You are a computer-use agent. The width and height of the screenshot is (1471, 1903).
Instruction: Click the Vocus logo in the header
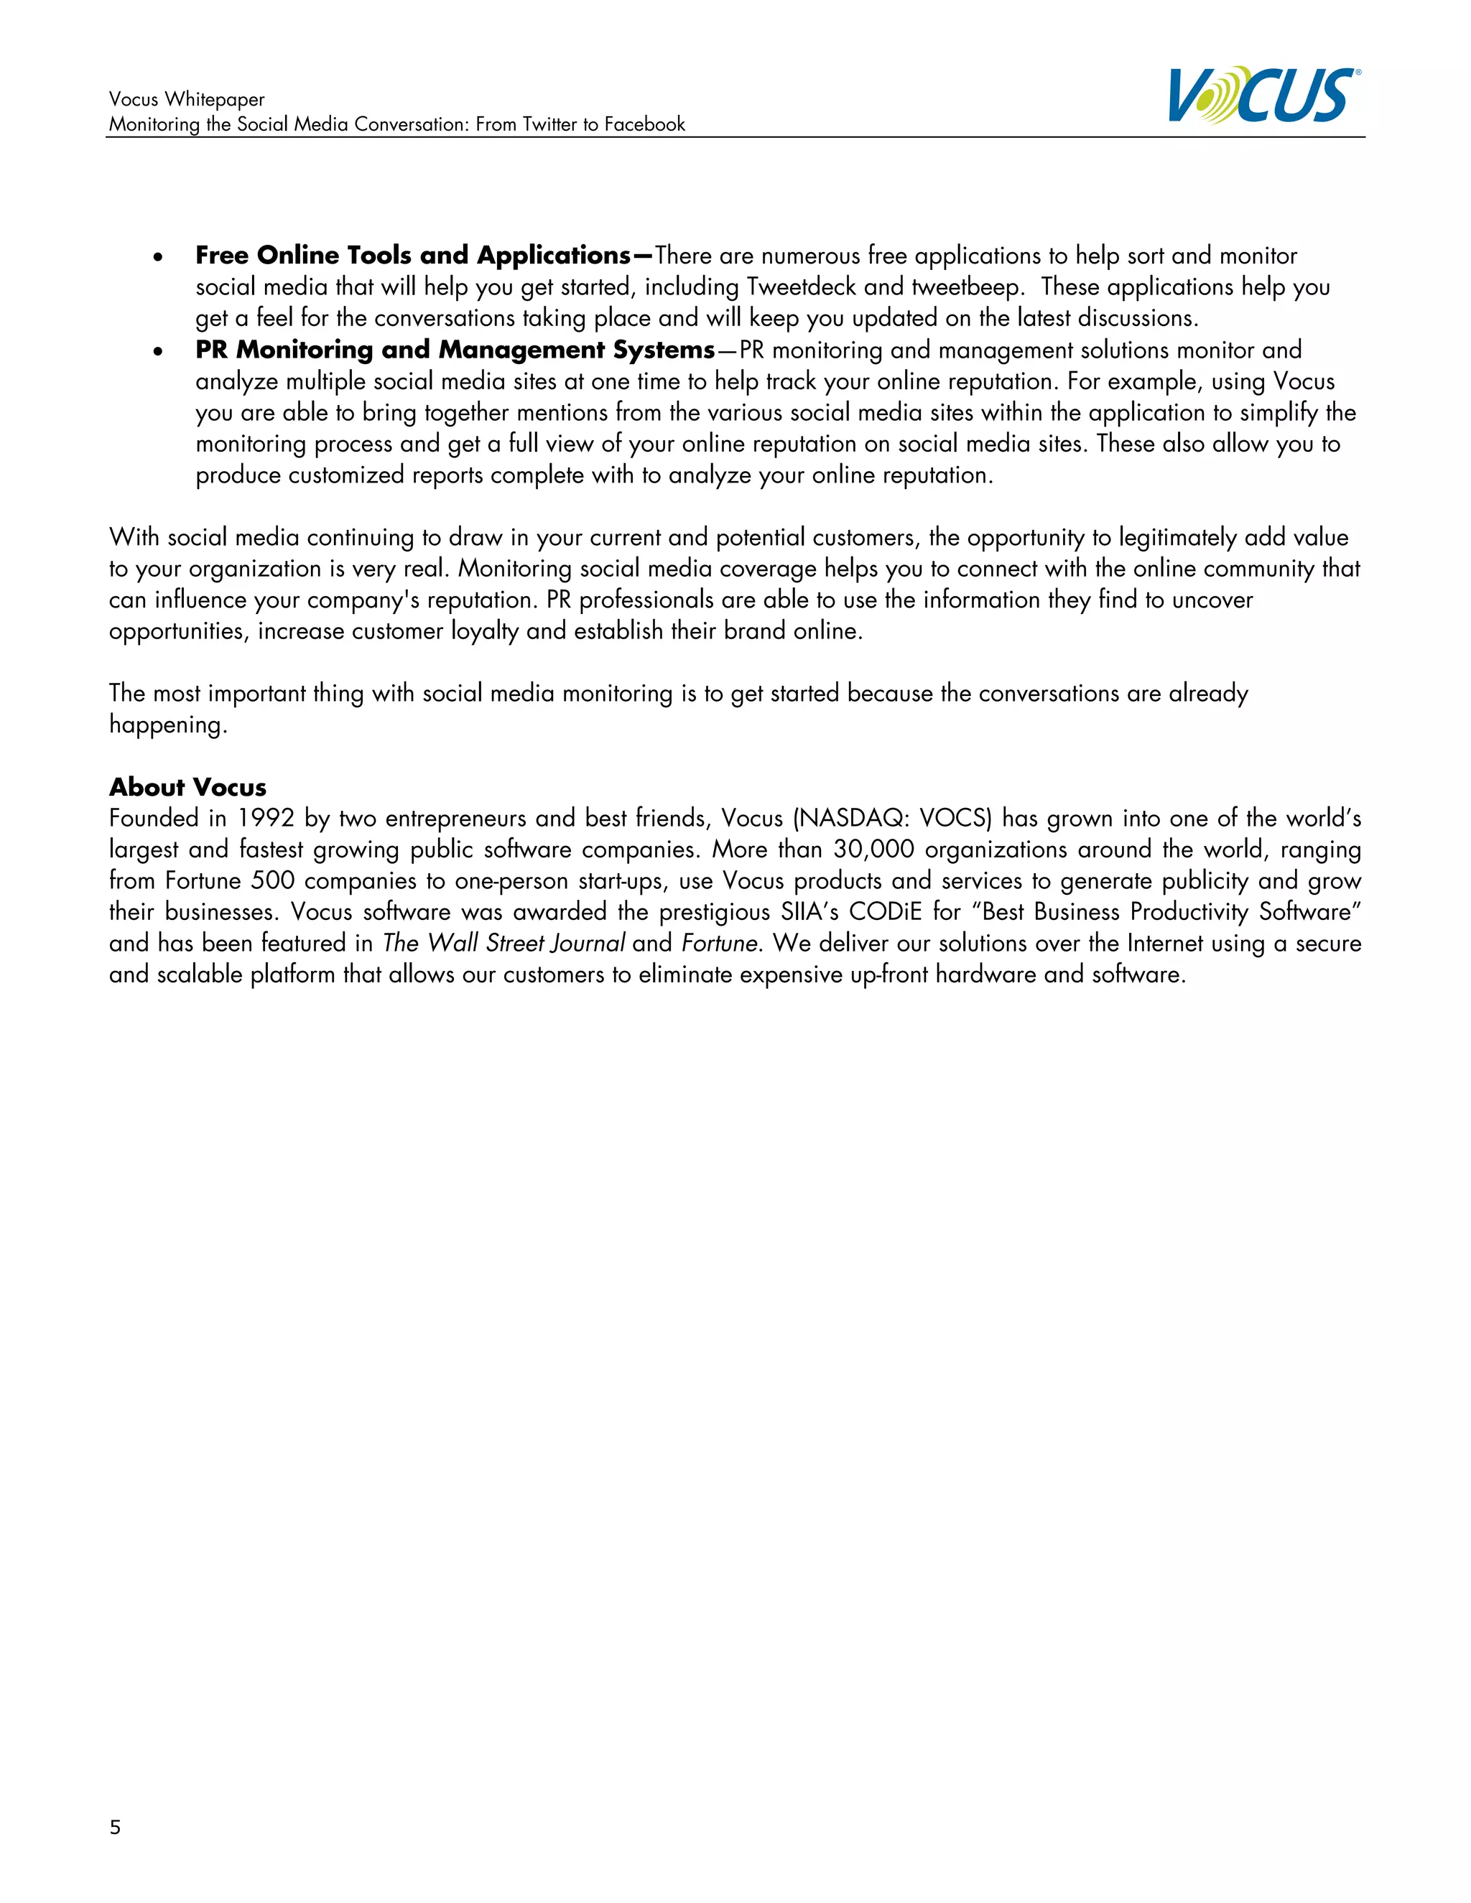point(1263,95)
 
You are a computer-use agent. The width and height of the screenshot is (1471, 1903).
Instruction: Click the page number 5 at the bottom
point(115,1827)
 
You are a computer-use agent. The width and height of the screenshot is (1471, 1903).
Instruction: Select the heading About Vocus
point(187,787)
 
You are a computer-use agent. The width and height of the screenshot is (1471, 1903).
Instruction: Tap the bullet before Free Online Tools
point(158,258)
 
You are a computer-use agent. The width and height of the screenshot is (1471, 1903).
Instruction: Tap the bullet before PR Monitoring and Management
point(158,352)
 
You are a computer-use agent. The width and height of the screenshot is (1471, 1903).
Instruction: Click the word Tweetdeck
point(801,287)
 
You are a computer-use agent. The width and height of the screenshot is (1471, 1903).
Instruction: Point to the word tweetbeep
point(967,287)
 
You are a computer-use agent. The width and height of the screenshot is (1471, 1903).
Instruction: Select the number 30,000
point(873,850)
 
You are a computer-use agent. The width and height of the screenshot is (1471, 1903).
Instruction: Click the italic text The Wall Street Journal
point(504,943)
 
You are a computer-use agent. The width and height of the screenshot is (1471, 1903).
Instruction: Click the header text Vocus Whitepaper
point(187,99)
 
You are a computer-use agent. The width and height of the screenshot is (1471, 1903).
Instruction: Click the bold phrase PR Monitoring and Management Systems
point(455,350)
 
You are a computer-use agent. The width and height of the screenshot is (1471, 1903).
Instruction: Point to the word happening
point(167,725)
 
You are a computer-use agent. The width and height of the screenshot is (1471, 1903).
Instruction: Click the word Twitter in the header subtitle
point(550,125)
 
